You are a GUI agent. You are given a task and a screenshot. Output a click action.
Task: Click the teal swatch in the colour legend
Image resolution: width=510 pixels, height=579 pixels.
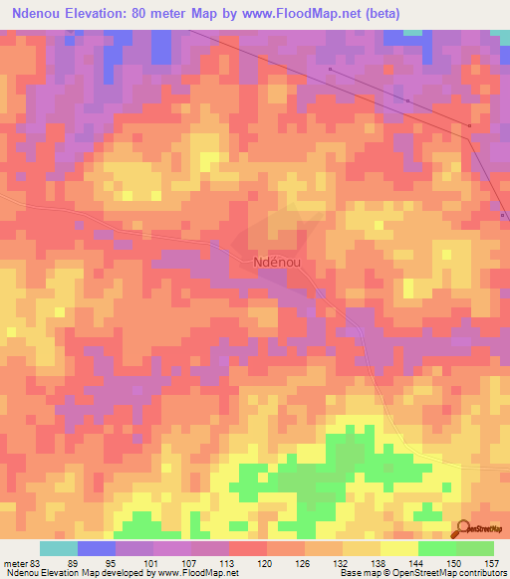[59, 548]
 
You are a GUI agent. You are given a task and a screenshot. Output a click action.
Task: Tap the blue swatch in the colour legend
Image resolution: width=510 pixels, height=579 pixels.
[97, 548]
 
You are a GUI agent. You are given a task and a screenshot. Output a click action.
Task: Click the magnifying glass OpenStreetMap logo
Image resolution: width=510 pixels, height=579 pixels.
[465, 528]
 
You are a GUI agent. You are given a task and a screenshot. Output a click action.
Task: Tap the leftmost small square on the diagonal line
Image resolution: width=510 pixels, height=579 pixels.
[331, 70]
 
